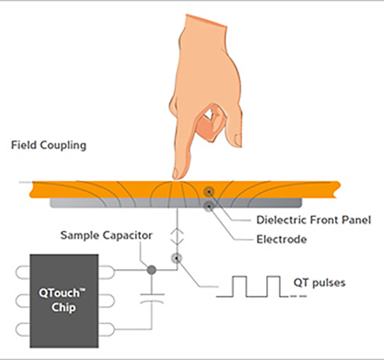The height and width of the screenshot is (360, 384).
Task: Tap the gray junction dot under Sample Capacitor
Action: point(153,270)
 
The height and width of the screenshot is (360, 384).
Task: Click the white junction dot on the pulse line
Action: point(178,258)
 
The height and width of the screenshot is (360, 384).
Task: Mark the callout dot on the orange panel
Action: point(207,190)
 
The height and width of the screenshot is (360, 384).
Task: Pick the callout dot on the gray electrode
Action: point(207,206)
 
